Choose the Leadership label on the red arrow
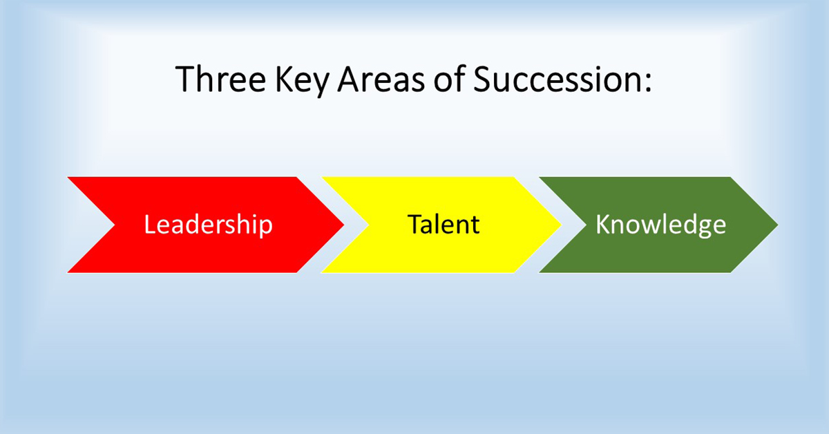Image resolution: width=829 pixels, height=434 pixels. point(208,225)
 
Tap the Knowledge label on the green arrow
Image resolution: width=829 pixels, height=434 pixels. point(660,225)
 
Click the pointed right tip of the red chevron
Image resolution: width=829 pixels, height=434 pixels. point(343,225)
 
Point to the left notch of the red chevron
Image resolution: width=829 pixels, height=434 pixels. point(114,225)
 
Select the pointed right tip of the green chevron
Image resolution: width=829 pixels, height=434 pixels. point(777,225)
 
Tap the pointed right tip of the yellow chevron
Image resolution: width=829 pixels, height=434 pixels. point(560,225)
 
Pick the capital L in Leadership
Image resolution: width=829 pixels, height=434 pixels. point(149,225)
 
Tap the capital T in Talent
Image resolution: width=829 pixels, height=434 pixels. point(414,225)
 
